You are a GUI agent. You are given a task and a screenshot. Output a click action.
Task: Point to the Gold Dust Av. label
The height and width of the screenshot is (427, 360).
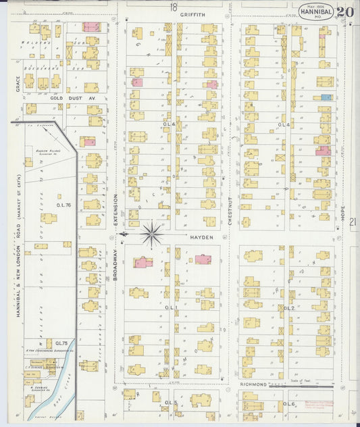[x=66, y=98]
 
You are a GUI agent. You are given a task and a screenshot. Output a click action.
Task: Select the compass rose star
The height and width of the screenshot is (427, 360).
[x=152, y=234]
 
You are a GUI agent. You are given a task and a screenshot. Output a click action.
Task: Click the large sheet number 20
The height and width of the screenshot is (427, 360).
[x=345, y=12]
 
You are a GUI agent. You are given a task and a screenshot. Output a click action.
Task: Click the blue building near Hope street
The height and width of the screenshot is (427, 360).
[x=326, y=97]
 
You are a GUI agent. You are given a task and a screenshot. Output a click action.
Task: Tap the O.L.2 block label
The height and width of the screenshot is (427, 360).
[x=288, y=308]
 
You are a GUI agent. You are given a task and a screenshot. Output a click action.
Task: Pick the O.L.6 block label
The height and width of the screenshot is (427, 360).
[x=290, y=403]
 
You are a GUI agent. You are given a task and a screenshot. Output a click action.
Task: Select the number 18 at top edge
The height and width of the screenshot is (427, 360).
[x=174, y=7]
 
